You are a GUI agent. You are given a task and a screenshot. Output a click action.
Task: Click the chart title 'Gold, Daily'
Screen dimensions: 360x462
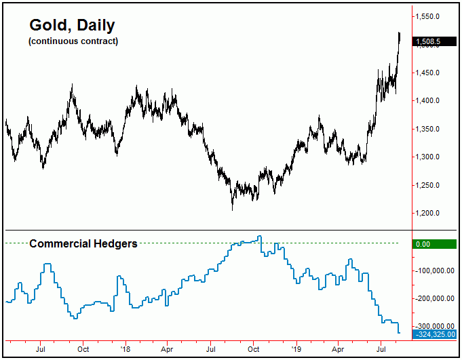click(x=72, y=25)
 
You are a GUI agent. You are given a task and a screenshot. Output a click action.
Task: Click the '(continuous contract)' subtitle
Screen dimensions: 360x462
click(x=73, y=41)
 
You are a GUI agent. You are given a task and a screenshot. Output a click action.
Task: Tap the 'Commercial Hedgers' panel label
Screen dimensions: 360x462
click(x=83, y=243)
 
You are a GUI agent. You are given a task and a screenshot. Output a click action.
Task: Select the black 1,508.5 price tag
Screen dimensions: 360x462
click(x=434, y=41)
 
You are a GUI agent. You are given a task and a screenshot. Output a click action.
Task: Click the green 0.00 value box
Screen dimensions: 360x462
click(x=434, y=243)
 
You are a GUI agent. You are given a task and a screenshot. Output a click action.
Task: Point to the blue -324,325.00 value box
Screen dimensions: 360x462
click(x=434, y=334)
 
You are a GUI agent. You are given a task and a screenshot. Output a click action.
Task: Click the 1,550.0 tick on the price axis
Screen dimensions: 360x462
click(x=431, y=16)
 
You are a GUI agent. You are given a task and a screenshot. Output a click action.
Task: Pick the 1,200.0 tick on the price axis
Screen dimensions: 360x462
click(x=431, y=214)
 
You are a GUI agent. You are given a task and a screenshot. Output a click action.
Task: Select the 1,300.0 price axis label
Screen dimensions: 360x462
click(x=431, y=157)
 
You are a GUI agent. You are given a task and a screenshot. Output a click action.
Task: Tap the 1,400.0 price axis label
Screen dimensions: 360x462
click(x=431, y=101)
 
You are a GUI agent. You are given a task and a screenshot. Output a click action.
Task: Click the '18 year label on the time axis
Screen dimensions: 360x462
click(x=125, y=349)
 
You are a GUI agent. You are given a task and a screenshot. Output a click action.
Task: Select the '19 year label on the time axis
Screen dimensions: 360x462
click(x=295, y=349)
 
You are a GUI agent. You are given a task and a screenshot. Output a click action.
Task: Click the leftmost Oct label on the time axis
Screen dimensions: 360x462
click(x=83, y=349)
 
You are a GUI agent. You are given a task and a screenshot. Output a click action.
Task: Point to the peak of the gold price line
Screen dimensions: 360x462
click(x=400, y=33)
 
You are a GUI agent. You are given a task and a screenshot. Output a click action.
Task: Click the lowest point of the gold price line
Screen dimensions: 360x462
click(x=232, y=209)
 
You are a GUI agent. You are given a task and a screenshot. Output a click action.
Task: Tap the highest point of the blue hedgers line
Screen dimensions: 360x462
click(x=259, y=237)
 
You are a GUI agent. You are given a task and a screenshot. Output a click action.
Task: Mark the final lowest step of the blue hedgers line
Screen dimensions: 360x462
click(x=399, y=332)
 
